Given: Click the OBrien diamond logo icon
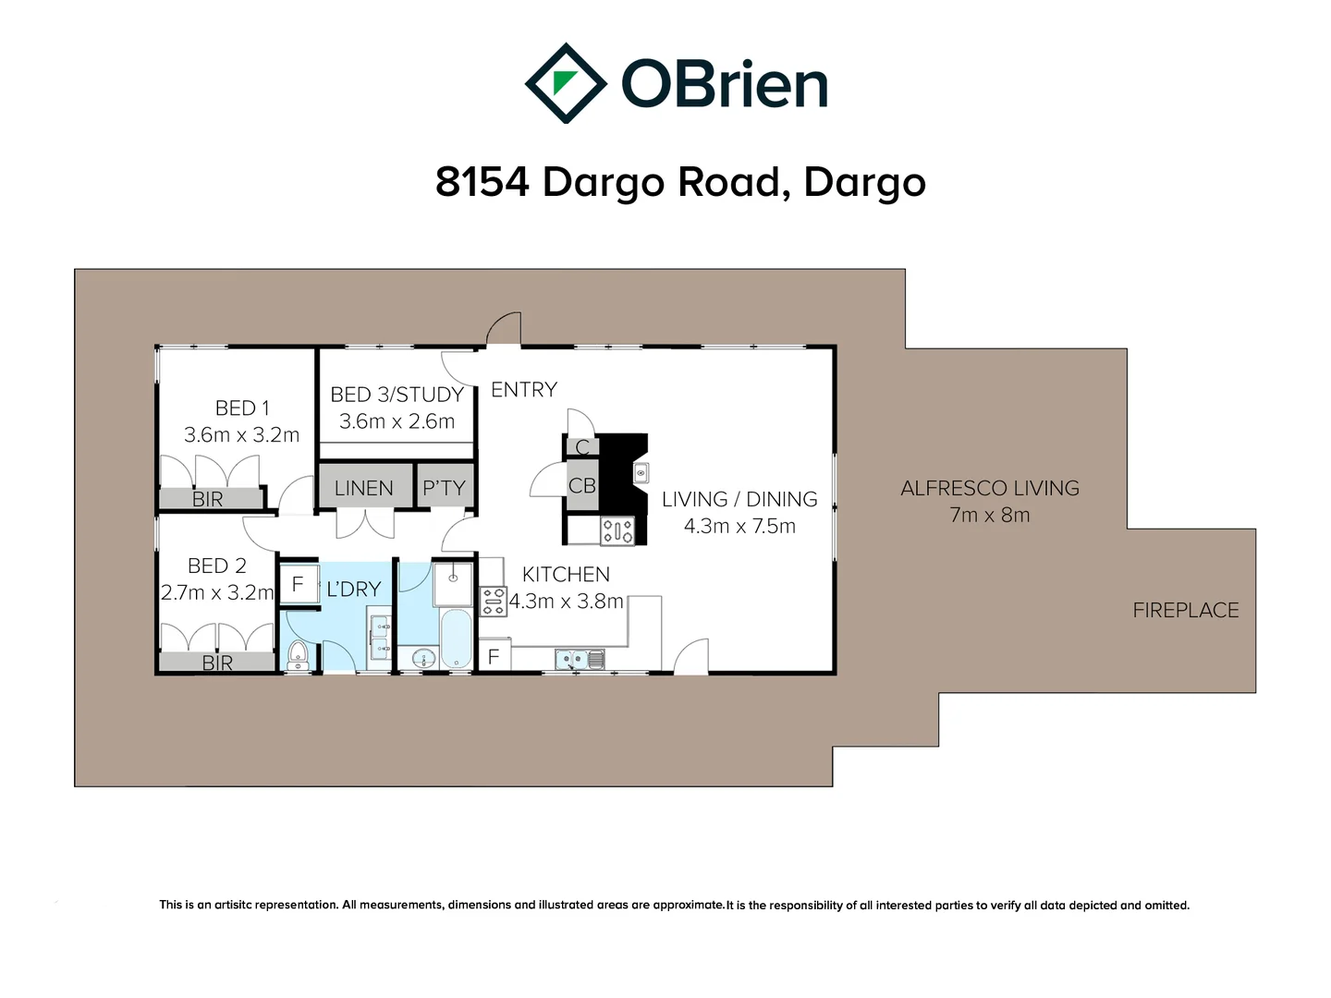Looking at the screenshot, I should (565, 83).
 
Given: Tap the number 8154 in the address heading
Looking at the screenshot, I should (482, 182).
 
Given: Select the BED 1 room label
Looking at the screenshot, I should (242, 408).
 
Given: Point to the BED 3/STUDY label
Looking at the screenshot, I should (397, 395).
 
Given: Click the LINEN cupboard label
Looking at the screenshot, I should (363, 488).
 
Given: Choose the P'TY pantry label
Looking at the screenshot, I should (444, 488).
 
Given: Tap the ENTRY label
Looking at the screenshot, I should (524, 390).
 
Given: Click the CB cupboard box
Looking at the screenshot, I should (582, 486).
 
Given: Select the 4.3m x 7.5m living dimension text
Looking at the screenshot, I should (739, 526).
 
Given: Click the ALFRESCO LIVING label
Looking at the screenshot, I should (990, 488).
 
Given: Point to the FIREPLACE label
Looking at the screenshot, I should (1186, 610).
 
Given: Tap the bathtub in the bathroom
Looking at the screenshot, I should (457, 638).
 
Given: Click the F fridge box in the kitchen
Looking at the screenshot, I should (494, 656).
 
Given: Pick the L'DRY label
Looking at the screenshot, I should (354, 589).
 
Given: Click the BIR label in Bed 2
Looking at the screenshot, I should (217, 663).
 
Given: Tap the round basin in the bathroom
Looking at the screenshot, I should (423, 659).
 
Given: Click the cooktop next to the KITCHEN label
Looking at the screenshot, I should (494, 602).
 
